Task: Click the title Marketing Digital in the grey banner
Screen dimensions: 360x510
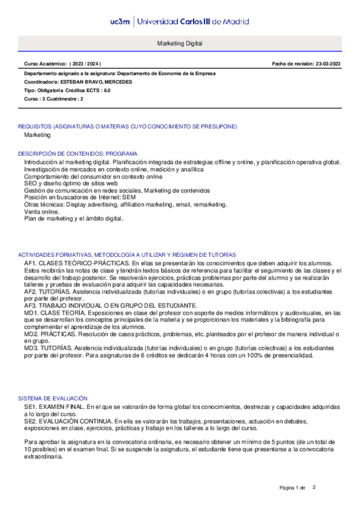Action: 180,44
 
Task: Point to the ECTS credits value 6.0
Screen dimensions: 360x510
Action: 106,90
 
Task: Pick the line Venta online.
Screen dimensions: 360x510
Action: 41,212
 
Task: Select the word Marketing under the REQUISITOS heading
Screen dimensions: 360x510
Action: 37,135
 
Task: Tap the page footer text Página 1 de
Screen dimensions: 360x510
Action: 293,487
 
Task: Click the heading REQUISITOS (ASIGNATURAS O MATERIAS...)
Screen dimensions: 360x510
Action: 127,126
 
